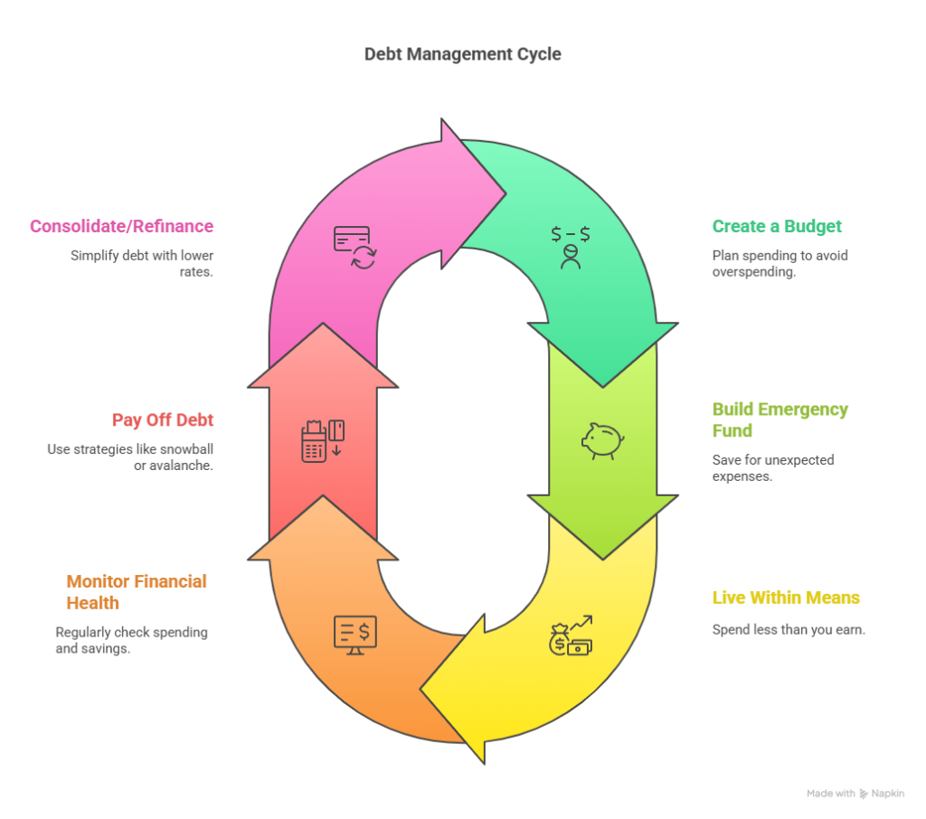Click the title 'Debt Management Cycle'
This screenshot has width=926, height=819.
coord(462,54)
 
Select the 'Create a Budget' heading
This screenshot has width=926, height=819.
coord(777,226)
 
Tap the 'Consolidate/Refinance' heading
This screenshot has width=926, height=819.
coord(122,226)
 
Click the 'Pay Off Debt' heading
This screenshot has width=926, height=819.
coord(163,419)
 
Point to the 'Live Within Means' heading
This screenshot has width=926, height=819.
coord(786,598)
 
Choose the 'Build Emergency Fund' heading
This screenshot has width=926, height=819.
coord(780,419)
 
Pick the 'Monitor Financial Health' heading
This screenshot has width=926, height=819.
coord(137,592)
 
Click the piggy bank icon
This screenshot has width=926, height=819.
coord(603,440)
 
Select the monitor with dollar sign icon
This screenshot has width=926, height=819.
coord(354,635)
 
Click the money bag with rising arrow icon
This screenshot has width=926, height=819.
coord(571,635)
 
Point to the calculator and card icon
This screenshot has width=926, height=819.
coord(323,440)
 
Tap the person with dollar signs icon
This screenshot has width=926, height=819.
coord(571,248)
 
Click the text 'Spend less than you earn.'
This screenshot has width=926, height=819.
coord(789,629)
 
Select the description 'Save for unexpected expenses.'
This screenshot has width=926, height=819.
coord(773,467)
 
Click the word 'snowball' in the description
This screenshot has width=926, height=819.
coord(186,448)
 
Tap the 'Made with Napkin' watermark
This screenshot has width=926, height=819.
coord(855,793)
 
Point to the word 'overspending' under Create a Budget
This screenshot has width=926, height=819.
coord(753,271)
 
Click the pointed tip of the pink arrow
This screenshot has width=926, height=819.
coord(506,193)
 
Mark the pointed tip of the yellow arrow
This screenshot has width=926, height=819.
coord(420,689)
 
